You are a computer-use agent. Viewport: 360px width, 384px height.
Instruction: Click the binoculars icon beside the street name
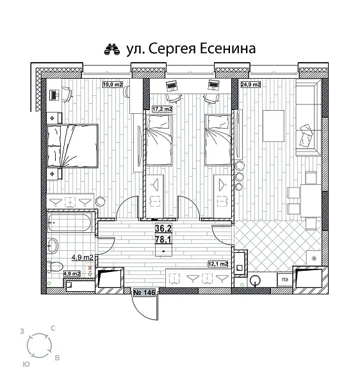(112, 49)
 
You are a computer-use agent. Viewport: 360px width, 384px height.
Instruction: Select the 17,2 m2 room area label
(162, 109)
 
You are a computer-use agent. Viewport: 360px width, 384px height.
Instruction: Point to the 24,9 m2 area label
(250, 84)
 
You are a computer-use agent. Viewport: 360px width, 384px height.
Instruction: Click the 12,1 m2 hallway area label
(218, 264)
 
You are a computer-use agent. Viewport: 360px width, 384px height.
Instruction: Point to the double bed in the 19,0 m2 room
(72, 145)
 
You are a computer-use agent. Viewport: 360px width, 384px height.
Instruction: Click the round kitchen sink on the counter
(256, 279)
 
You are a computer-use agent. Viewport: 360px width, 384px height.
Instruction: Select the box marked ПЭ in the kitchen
(281, 279)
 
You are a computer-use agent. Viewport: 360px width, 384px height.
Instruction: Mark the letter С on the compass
(53, 328)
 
